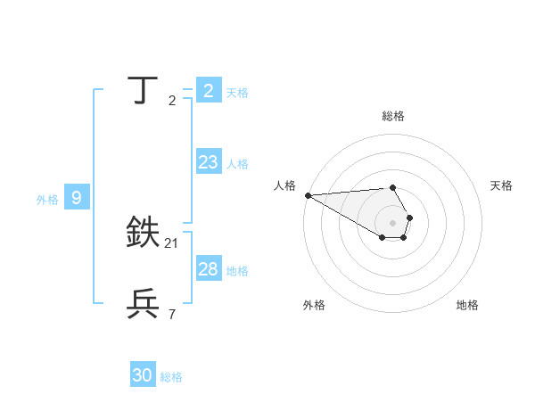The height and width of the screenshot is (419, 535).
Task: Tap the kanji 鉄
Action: tap(144, 233)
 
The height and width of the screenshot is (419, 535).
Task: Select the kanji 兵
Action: tap(144, 304)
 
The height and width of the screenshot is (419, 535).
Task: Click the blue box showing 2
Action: tap(208, 90)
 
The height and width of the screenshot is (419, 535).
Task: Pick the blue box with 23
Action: tap(208, 162)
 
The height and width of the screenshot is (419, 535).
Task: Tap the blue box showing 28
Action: tap(208, 269)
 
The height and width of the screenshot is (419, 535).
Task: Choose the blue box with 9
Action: tap(77, 198)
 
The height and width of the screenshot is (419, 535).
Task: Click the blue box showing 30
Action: tap(143, 375)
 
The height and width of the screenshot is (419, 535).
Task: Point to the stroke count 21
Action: tap(172, 243)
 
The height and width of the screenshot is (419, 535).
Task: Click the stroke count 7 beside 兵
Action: tap(172, 314)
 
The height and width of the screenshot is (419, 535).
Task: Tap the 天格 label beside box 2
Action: tap(237, 93)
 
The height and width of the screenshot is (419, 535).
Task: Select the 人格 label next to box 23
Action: tap(237, 164)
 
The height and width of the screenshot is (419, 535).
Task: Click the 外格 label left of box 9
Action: tap(47, 200)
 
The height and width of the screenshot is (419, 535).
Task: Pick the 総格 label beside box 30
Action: tap(171, 377)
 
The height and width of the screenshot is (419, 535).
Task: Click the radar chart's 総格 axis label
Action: tap(392, 116)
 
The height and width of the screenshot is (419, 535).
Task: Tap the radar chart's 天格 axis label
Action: tap(502, 185)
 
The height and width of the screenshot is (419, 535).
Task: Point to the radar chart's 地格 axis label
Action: tap(467, 305)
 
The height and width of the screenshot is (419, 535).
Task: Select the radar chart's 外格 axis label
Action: tap(314, 305)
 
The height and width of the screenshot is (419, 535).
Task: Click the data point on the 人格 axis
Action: tap(308, 195)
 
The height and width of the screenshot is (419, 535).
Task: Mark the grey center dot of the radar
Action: tap(392, 223)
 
